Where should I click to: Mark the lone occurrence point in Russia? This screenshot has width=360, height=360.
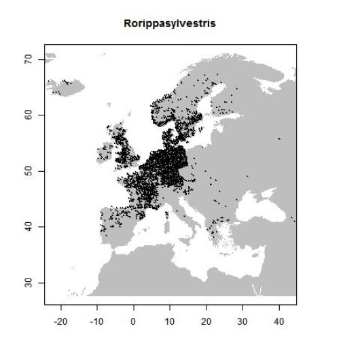click(x=279, y=139)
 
